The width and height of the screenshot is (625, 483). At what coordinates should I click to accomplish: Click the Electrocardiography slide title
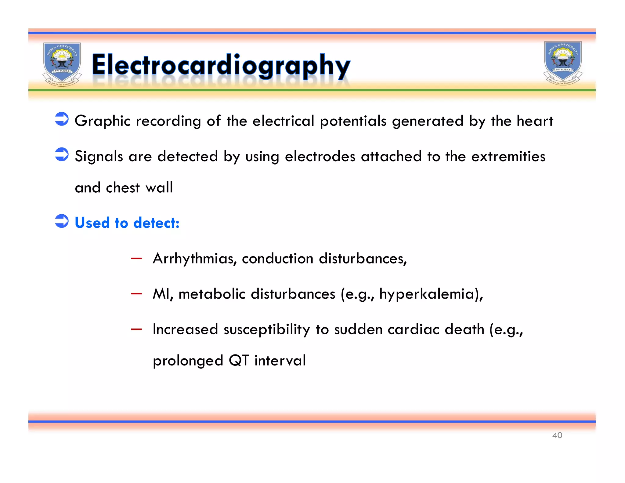coord(221,65)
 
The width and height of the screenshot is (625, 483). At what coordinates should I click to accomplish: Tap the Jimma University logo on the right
coord(563,63)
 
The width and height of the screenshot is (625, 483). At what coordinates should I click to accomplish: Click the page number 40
coord(557,435)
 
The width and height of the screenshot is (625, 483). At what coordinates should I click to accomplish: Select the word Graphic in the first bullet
coord(103,121)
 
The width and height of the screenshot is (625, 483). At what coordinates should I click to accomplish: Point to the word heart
coord(535,121)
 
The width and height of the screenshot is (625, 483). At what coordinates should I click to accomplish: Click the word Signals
coord(99,157)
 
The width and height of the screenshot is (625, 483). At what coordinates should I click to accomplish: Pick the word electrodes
coord(320,156)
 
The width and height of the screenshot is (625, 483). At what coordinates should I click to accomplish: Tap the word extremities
coord(508,156)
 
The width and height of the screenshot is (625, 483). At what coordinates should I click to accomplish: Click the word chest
coord(123,187)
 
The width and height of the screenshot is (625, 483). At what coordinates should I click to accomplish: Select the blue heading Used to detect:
coord(127,223)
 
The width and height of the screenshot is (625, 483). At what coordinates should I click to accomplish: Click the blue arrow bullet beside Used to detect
coord(62,221)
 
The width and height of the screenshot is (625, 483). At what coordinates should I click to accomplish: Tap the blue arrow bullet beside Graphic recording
coord(62,119)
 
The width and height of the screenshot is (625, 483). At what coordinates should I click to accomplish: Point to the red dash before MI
coord(136,294)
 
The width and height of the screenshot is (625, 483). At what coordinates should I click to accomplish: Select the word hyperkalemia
coord(429,294)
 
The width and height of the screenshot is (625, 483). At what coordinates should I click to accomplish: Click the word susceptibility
coord(266,330)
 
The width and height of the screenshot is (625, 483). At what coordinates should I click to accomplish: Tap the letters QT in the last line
coord(239,361)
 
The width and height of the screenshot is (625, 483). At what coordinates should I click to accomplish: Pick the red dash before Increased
coord(136,329)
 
